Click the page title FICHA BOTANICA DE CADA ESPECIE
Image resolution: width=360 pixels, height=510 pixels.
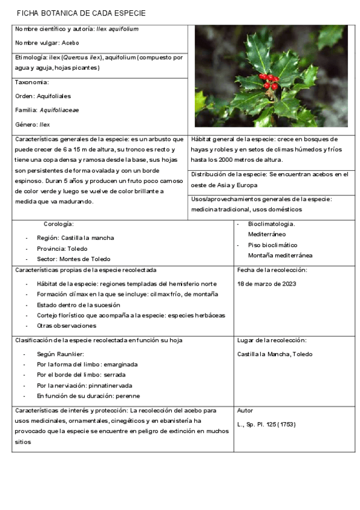click(81, 13)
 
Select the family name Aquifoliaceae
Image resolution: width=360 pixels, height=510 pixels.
click(59, 110)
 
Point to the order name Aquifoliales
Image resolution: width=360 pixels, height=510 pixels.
click(54, 96)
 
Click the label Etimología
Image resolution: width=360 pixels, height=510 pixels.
click(29, 57)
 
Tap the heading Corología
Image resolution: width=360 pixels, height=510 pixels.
click(59, 224)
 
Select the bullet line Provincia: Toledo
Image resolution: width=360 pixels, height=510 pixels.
click(62, 248)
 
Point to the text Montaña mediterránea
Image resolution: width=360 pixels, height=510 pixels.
click(280, 255)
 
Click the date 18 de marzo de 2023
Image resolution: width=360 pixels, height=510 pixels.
click(267, 283)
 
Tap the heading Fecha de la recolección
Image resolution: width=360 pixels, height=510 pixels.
click(272, 270)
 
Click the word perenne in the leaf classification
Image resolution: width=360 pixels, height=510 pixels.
click(129, 396)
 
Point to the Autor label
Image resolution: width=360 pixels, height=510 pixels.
click(245, 410)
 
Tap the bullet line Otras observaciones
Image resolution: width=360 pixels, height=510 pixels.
click(66, 325)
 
